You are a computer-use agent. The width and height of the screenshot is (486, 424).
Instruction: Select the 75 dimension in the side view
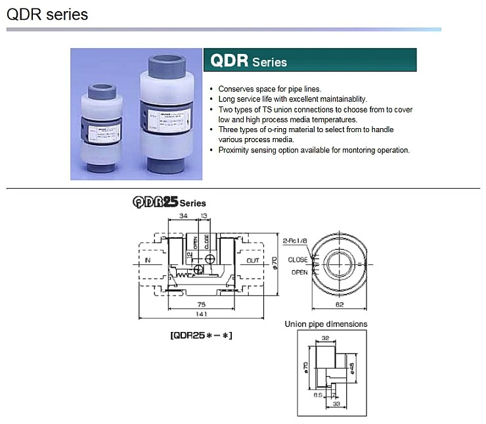click(201, 304)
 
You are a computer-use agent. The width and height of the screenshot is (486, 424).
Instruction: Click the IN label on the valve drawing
click(147, 260)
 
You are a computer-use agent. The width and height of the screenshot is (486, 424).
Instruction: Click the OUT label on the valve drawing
click(253, 260)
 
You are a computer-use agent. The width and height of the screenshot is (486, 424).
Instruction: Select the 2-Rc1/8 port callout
click(295, 241)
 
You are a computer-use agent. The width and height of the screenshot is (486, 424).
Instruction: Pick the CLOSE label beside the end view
click(298, 260)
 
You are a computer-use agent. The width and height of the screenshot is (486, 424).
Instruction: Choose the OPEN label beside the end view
click(299, 271)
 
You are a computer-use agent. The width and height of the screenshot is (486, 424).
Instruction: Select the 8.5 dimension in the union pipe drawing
click(317, 396)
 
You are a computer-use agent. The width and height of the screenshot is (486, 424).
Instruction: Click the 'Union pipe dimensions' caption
click(326, 324)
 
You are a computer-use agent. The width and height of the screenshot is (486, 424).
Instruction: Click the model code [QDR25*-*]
click(202, 335)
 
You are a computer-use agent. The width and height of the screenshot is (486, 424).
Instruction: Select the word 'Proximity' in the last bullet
click(234, 150)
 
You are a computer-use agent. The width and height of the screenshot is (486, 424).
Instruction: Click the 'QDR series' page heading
click(47, 14)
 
